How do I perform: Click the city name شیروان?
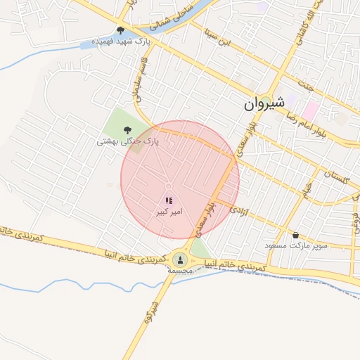coord(264,104)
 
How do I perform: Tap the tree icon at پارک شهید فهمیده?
coord(121,30)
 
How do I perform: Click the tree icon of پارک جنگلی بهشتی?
coord(127,129)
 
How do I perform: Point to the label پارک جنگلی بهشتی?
coord(128,141)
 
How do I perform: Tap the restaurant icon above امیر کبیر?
coord(169,201)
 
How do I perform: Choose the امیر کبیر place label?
coord(169,212)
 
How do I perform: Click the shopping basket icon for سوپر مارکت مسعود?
coord(295,235)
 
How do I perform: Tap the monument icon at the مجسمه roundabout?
coord(180,259)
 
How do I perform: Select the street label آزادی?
coord(238,209)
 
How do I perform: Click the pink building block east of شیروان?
coord(311,110)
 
